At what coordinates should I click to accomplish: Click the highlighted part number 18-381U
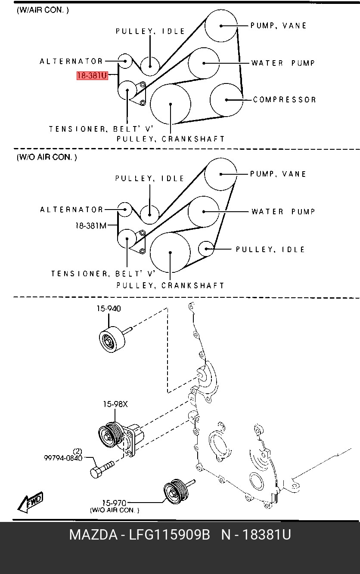(92, 76)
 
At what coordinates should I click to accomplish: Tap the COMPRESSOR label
(284, 100)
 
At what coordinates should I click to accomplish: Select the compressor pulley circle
(227, 100)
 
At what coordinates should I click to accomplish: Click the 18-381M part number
(91, 225)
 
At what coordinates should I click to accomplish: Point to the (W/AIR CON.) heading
(43, 10)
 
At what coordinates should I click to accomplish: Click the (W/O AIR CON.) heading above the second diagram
(47, 157)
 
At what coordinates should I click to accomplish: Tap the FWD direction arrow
(30, 502)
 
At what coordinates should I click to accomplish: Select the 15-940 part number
(109, 308)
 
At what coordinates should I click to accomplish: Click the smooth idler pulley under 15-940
(112, 340)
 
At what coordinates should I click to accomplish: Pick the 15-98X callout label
(115, 404)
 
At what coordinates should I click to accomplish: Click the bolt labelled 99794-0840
(102, 470)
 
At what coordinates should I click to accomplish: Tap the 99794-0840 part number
(63, 458)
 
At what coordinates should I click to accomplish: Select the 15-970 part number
(114, 503)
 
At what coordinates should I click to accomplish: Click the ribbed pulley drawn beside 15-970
(176, 491)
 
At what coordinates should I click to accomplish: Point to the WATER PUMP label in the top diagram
(283, 63)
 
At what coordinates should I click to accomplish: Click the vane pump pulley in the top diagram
(221, 26)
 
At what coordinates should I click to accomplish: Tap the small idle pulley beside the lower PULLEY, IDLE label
(206, 249)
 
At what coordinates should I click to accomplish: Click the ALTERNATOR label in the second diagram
(71, 210)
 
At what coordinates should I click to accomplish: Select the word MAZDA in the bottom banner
(93, 535)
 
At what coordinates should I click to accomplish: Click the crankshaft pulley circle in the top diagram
(171, 104)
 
